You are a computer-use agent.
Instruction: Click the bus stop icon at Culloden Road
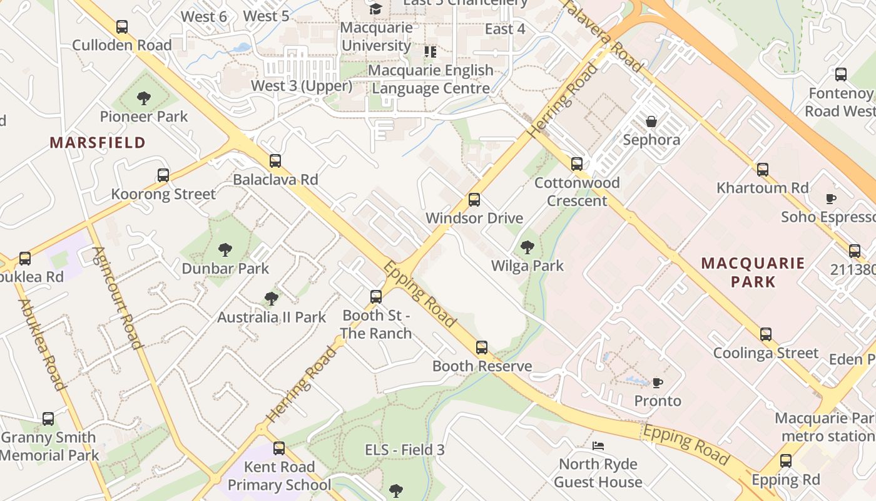(122, 27)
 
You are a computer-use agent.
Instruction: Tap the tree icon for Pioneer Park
(144, 98)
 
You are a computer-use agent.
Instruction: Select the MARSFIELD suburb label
(98, 143)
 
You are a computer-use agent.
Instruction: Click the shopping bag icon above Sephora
(651, 121)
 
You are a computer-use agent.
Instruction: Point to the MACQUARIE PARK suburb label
(753, 272)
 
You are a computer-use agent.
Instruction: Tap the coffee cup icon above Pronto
(657, 382)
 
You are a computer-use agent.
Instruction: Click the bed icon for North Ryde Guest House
(598, 446)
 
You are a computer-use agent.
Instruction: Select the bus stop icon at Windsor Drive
(474, 200)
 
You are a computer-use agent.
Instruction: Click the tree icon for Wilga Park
(527, 247)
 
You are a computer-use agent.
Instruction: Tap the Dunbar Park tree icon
(225, 250)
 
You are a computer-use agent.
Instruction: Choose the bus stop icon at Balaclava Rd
(275, 161)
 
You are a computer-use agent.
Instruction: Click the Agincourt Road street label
(117, 297)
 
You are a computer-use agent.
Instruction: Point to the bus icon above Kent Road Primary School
(279, 448)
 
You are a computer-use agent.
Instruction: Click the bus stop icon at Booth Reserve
(482, 348)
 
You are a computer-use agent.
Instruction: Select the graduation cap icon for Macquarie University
(375, 9)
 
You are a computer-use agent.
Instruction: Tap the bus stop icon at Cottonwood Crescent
(577, 164)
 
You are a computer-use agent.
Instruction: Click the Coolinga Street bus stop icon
(766, 334)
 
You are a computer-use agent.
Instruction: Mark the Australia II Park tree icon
(272, 298)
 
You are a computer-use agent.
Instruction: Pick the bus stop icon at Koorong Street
(163, 175)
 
